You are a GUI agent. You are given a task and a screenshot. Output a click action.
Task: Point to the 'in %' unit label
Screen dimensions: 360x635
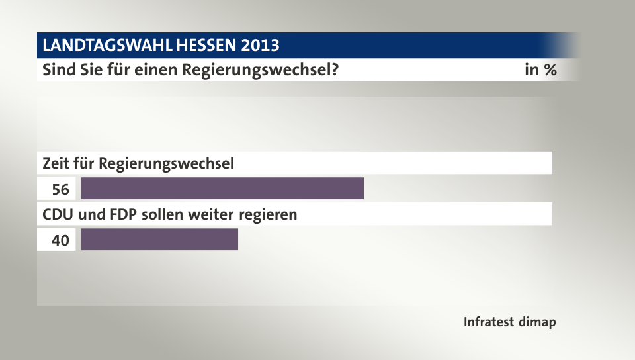pyautogui.click(x=540, y=69)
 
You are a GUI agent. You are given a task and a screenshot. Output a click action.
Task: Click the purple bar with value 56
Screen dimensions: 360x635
pyautogui.click(x=222, y=189)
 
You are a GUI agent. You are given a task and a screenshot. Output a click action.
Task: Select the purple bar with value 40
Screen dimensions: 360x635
pyautogui.click(x=159, y=240)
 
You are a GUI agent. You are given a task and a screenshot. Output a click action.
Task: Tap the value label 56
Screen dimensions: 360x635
pyautogui.click(x=60, y=189)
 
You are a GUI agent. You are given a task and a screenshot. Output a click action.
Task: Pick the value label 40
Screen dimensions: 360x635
pyautogui.click(x=60, y=240)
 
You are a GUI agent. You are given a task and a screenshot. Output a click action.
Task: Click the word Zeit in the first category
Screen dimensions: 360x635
pyautogui.click(x=56, y=163)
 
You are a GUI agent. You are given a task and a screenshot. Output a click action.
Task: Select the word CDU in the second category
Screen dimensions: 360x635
pyautogui.click(x=57, y=214)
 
